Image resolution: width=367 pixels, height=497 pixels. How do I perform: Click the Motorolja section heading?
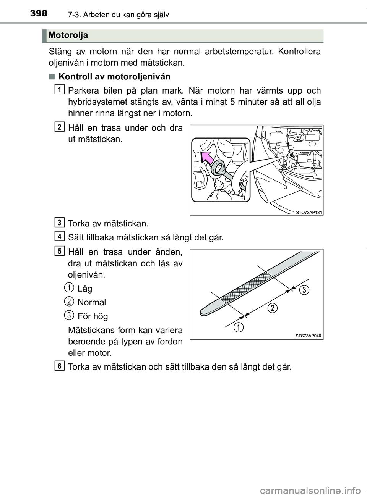point(68,35)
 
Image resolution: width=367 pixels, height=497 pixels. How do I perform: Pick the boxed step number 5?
point(59,250)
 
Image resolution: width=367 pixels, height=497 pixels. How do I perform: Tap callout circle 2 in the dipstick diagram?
point(271,308)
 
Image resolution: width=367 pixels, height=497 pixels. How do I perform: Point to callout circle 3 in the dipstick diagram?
point(303,290)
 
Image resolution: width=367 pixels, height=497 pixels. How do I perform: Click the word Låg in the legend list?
point(84,289)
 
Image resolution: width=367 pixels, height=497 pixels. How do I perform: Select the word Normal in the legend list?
point(91,303)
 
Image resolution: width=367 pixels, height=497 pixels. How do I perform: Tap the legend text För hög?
point(93,316)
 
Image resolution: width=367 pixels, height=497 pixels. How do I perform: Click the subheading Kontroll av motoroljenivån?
point(114,76)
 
